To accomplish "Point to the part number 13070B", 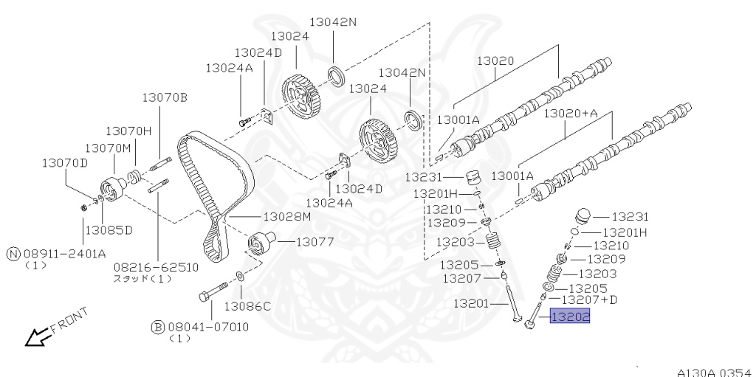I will coord(165,97).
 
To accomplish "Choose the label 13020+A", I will coord(571,114).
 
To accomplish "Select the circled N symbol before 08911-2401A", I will coord(13,253).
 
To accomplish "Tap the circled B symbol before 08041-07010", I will coord(157,325).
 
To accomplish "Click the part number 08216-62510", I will coord(156,266).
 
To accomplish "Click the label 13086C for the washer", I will coord(247,305).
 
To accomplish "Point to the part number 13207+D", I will coord(589,300).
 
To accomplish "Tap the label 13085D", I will coord(109,229).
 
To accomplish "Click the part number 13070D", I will coord(64,163).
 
